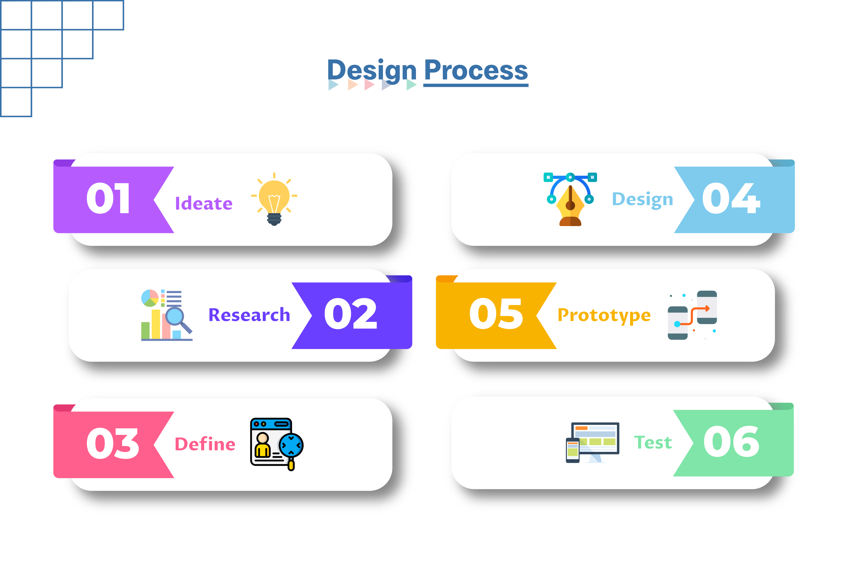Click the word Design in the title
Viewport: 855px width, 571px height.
pos(372,71)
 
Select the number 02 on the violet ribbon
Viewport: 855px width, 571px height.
pos(350,314)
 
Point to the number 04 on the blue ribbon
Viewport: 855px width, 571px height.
pos(731,198)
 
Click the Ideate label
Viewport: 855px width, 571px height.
pos(204,203)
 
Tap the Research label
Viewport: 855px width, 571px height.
pos(250,315)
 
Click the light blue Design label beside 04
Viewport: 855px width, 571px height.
pos(643,199)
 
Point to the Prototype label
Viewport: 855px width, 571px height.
pos(604,315)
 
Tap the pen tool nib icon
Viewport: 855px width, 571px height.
pos(570,199)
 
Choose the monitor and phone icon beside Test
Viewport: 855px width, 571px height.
pos(592,442)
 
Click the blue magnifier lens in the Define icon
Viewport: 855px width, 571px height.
pos(291,445)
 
